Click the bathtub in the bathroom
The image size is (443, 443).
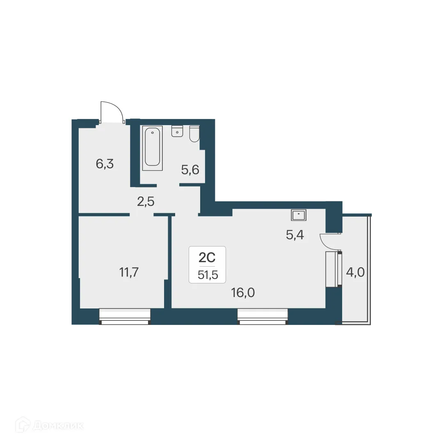tap(152, 148)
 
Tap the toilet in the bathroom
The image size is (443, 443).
tap(194, 134)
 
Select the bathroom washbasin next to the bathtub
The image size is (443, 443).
tap(177, 131)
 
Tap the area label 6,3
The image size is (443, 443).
tap(105, 164)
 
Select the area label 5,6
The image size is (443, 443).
tap(190, 169)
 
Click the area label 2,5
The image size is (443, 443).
tap(146, 201)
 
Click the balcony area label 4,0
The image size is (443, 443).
tap(355, 272)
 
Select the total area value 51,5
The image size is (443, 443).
tap(207, 275)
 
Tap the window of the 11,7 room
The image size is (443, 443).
tap(125, 316)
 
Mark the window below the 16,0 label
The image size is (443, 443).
tap(263, 316)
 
